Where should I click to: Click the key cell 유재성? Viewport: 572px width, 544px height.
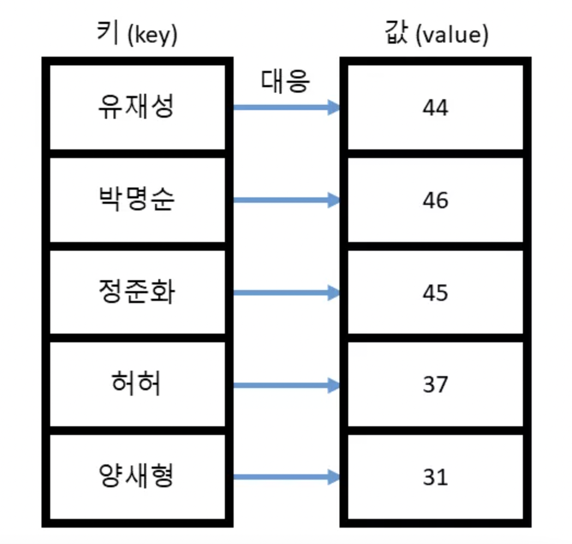coord(136,107)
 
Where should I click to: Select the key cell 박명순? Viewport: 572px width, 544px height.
coord(136,200)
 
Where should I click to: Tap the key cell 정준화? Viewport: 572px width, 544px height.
coord(136,293)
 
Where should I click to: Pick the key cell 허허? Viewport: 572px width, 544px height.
coord(136,385)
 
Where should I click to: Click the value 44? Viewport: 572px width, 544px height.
coord(435,108)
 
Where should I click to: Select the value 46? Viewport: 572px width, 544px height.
coord(435,201)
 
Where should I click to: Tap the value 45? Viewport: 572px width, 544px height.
coord(435,293)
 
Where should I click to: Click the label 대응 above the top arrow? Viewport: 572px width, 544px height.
coord(285,81)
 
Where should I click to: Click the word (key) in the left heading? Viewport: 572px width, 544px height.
coord(152,36)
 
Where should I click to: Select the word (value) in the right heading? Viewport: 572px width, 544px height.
coord(451,36)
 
